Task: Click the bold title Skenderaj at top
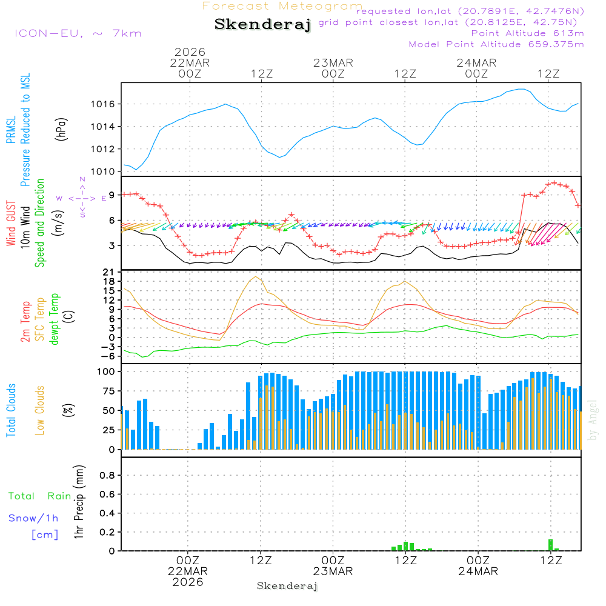pos(262,24)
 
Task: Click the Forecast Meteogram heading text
pos(282,6)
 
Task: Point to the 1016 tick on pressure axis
pos(104,104)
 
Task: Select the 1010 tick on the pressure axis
pos(104,171)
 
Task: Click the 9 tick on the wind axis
pos(112,195)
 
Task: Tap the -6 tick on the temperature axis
pos(110,356)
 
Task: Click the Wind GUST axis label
pos(11,224)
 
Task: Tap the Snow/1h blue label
pos(34,519)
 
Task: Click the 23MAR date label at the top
pos(333,63)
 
